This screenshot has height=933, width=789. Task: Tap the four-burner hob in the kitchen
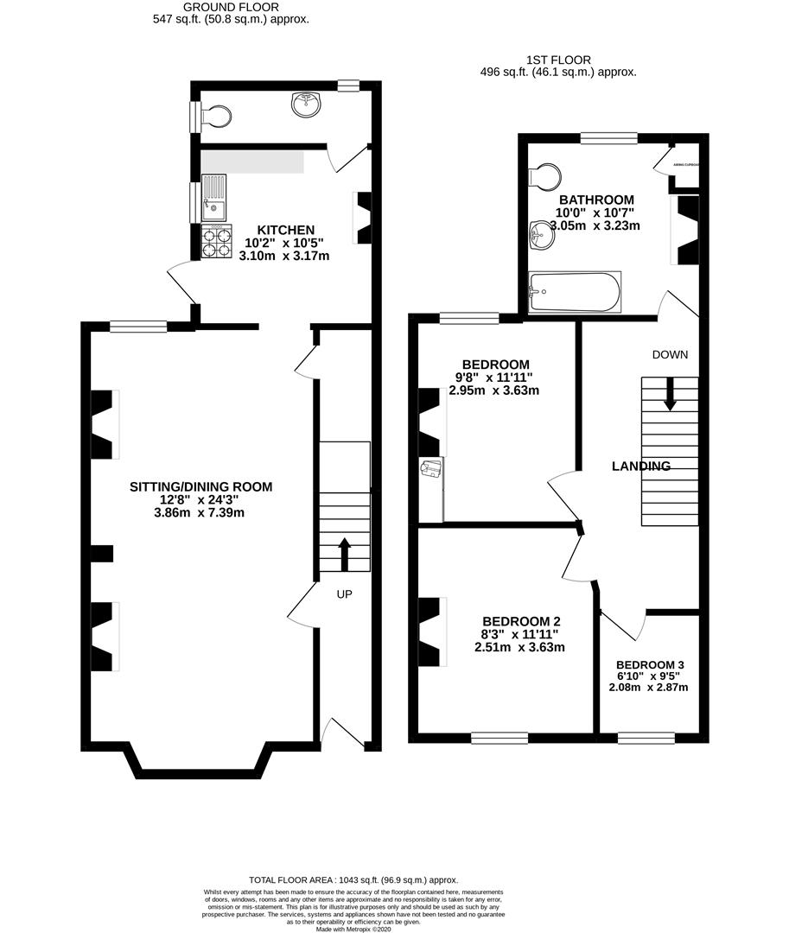pyautogui.click(x=217, y=240)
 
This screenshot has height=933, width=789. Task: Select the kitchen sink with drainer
pyautogui.click(x=213, y=198)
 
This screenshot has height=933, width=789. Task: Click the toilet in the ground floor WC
pyautogui.click(x=215, y=117)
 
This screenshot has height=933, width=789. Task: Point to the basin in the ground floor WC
pyautogui.click(x=304, y=106)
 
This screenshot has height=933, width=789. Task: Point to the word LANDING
pyautogui.click(x=641, y=466)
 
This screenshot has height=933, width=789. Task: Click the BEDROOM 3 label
pyautogui.click(x=649, y=664)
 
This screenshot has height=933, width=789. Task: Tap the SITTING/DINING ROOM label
pyautogui.click(x=200, y=487)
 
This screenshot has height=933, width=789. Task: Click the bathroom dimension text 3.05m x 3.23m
pyautogui.click(x=583, y=226)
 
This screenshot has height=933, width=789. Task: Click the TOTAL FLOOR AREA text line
pyautogui.click(x=353, y=879)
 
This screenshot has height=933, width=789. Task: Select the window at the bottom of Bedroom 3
pyautogui.click(x=646, y=738)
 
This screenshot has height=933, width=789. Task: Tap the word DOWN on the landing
pyautogui.click(x=670, y=354)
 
